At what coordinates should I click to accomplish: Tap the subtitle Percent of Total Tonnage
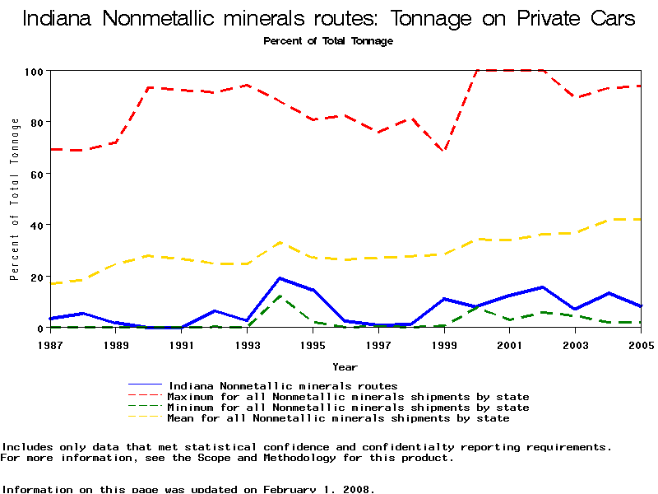click(328, 41)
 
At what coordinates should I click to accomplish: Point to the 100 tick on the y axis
click(32, 72)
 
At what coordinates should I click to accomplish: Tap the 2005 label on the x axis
click(641, 344)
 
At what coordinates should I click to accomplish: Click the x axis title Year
click(345, 367)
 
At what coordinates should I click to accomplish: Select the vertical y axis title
click(15, 199)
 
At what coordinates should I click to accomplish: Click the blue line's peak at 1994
click(280, 278)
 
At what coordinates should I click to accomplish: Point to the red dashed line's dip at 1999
click(444, 151)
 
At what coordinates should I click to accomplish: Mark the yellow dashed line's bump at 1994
click(280, 242)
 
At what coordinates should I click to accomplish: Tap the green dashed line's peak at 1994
click(280, 296)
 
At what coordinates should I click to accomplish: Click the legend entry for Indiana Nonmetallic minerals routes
click(282, 385)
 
